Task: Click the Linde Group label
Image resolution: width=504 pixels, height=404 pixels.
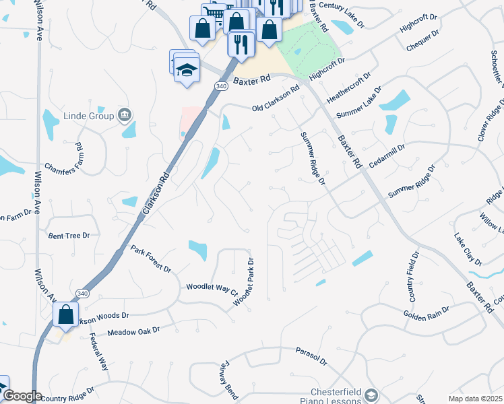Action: (x=88, y=116)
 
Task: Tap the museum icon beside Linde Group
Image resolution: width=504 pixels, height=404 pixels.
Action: (x=124, y=115)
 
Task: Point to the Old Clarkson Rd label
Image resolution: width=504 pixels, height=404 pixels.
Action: (x=276, y=99)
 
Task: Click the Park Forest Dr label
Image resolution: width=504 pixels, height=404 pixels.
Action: (x=151, y=259)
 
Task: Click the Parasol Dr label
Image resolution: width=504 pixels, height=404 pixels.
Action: (x=311, y=356)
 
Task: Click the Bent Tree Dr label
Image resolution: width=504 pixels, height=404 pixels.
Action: (x=69, y=236)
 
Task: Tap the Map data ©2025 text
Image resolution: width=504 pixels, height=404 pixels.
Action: (x=476, y=399)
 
